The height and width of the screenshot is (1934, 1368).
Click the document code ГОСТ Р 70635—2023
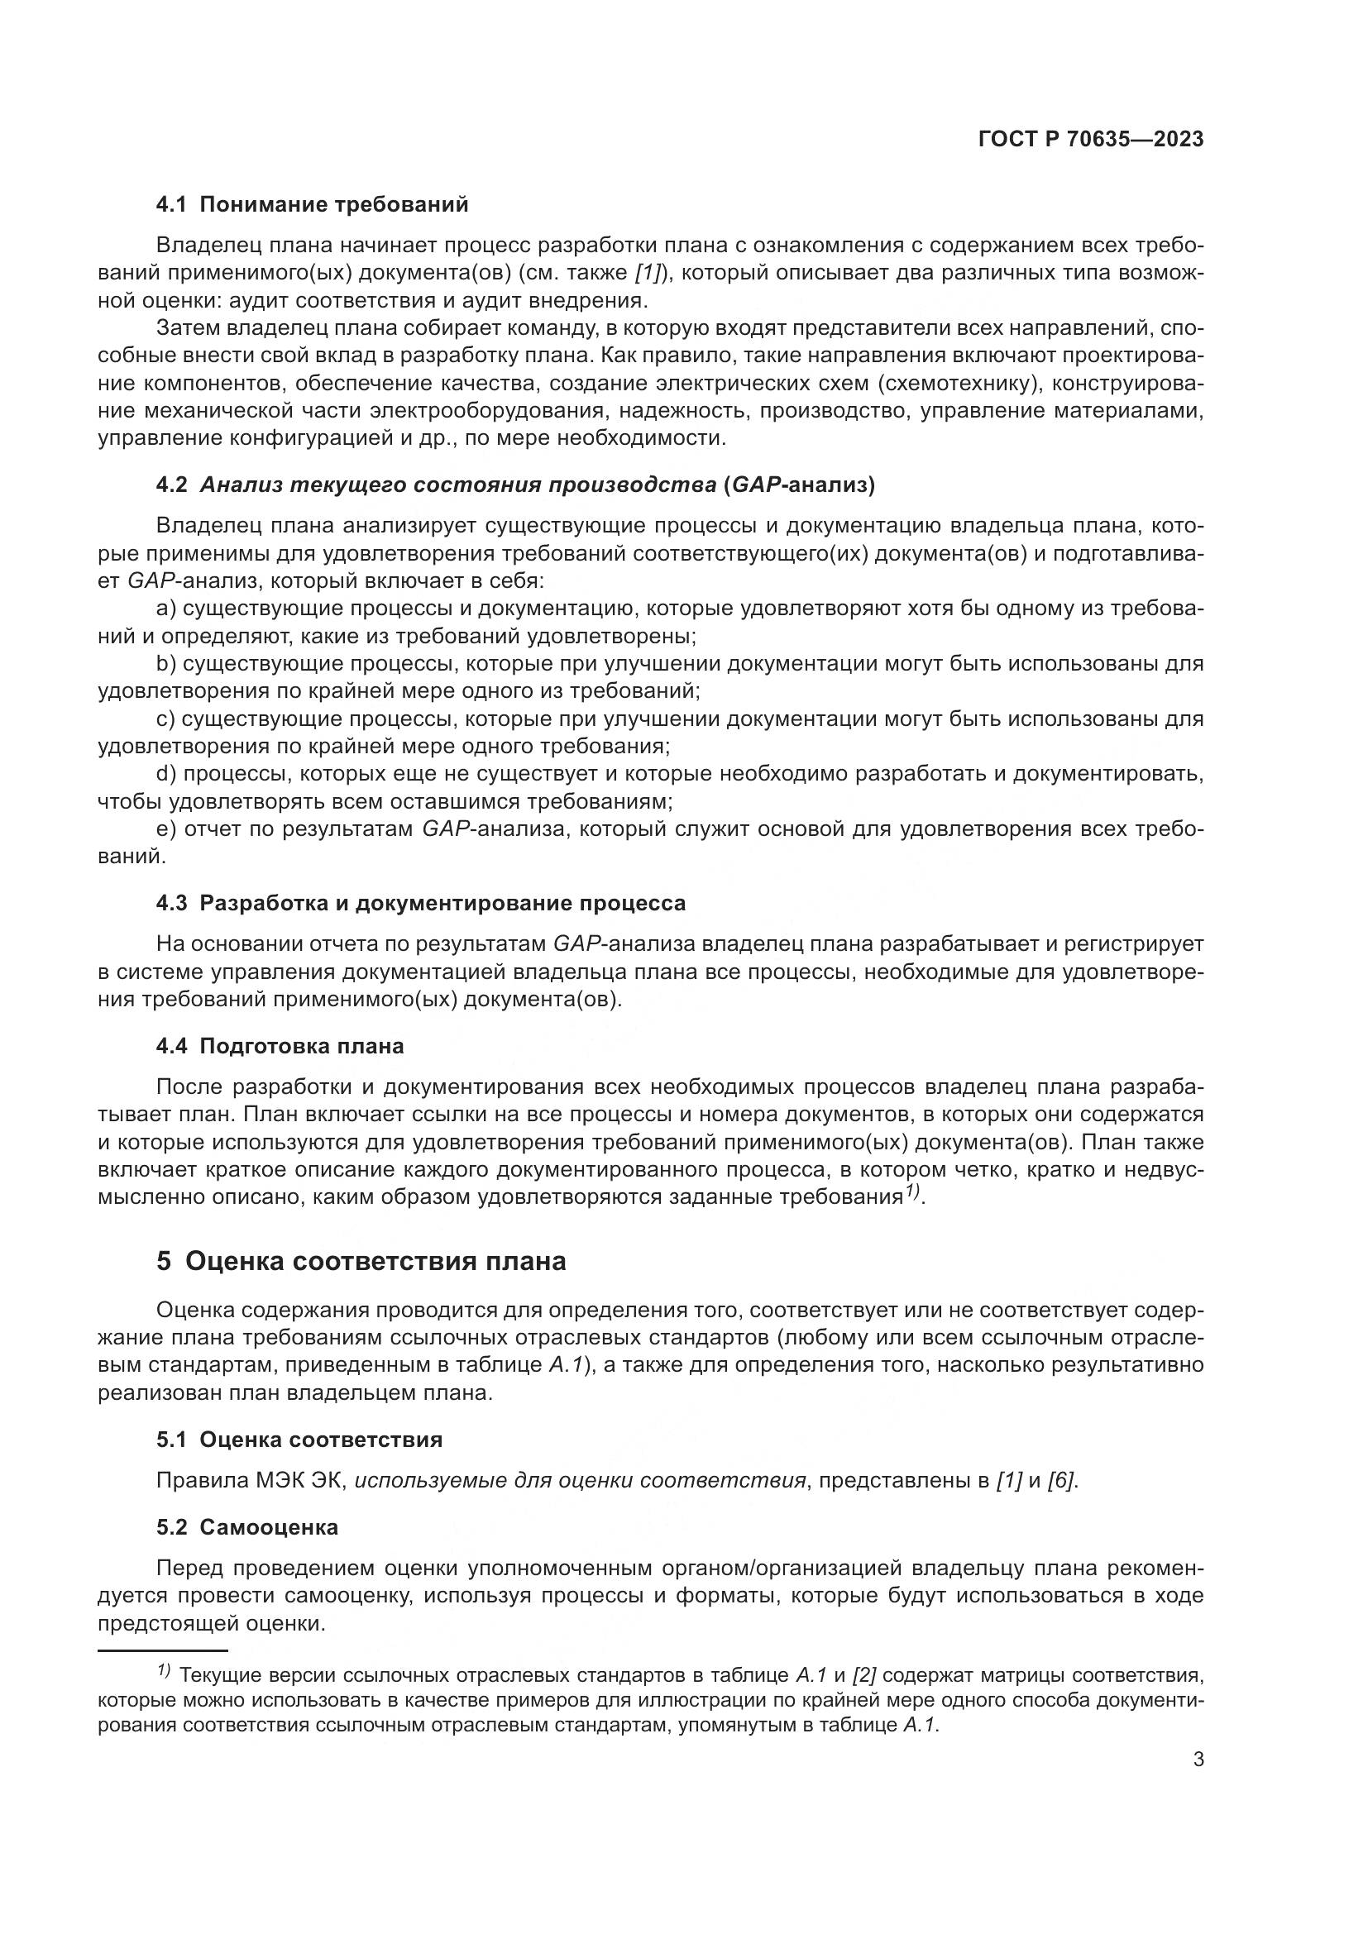point(1091,140)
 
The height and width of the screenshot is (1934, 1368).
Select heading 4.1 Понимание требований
point(312,205)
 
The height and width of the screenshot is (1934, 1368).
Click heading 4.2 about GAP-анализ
point(515,485)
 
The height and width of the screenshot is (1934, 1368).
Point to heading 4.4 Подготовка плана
point(280,1046)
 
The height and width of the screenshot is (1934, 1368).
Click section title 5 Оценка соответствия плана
point(361,1261)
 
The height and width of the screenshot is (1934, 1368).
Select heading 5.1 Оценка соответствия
point(299,1440)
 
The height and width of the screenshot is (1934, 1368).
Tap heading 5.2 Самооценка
point(246,1527)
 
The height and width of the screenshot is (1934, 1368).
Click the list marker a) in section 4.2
point(166,609)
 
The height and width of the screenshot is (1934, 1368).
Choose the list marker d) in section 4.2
point(166,774)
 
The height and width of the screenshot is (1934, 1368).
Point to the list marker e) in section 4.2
point(166,829)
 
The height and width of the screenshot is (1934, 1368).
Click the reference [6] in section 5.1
point(1061,1482)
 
